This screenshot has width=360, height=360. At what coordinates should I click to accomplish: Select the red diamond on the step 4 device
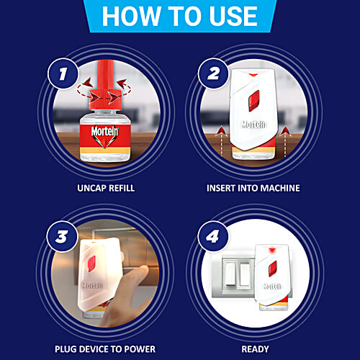[273, 269]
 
